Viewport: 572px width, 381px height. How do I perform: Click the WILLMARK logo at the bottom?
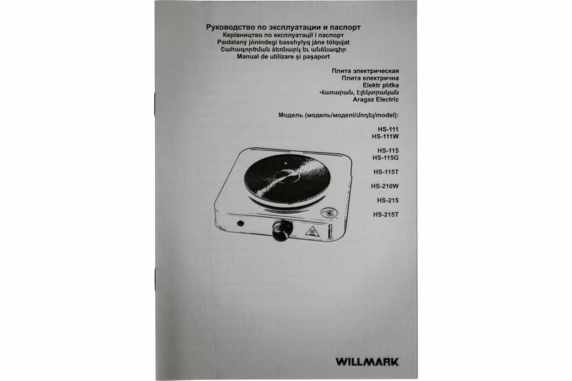[x=367, y=362]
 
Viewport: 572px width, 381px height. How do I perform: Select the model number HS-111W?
[x=385, y=137]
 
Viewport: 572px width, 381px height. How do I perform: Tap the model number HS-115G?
[x=385, y=158]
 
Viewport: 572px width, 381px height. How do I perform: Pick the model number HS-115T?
[x=386, y=172]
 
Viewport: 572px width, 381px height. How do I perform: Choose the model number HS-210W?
[x=385, y=187]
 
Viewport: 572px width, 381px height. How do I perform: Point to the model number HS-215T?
[x=386, y=215]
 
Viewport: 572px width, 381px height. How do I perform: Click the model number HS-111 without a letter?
[x=388, y=130]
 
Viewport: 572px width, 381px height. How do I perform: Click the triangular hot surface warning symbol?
[x=312, y=231]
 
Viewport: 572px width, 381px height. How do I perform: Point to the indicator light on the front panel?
[x=240, y=223]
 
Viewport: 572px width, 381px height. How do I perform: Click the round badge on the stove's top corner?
[x=329, y=212]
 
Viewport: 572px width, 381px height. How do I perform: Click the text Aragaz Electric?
[x=376, y=100]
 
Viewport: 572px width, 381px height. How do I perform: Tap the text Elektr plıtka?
[x=381, y=85]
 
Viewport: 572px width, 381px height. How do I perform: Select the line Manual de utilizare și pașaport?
[x=283, y=57]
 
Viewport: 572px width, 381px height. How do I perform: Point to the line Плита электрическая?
[x=365, y=71]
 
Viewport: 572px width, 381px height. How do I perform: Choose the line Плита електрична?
[x=370, y=78]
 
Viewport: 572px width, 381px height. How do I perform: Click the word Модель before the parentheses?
[x=290, y=115]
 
